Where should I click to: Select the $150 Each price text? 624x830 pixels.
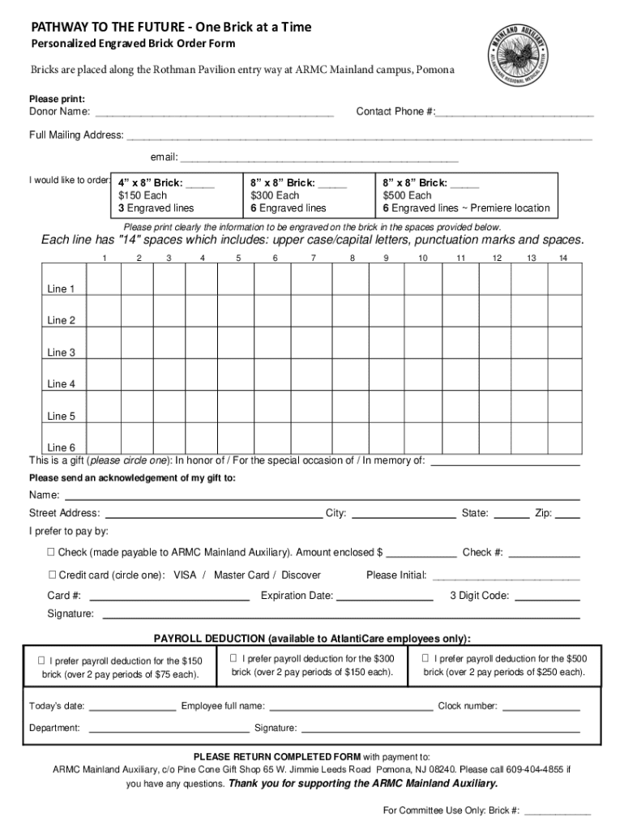143,195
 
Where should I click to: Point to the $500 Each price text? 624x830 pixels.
408,195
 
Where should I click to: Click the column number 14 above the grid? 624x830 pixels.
562,258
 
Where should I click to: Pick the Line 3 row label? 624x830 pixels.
62,353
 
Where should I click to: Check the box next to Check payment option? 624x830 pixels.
50,553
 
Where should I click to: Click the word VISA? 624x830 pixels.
186,575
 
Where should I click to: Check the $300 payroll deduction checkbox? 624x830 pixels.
233,658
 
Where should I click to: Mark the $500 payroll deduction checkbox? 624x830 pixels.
425,658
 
